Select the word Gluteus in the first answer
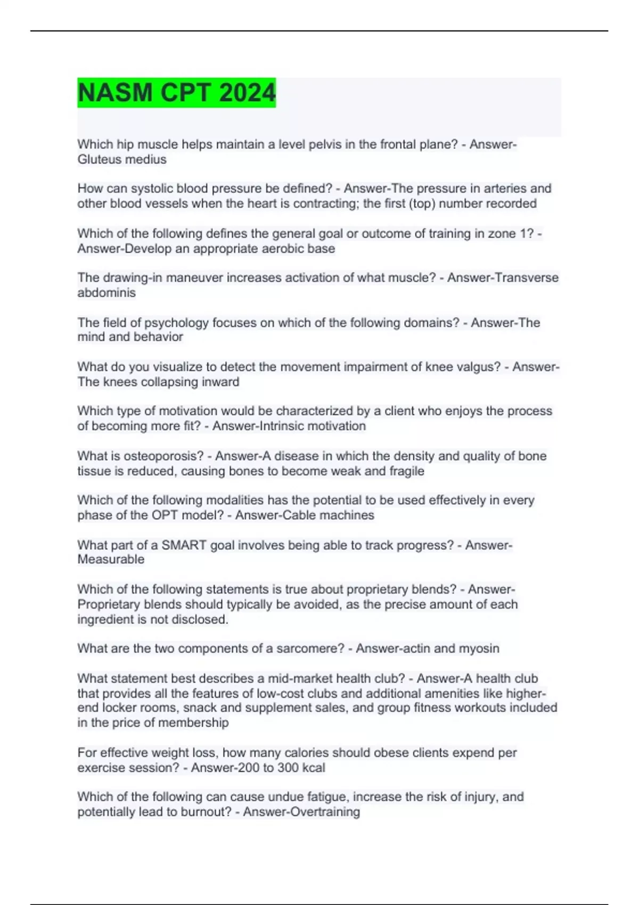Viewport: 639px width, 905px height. [99, 159]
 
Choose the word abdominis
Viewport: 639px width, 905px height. [106, 292]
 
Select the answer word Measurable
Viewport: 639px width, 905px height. [111, 559]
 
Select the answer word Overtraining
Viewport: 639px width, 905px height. [328, 812]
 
